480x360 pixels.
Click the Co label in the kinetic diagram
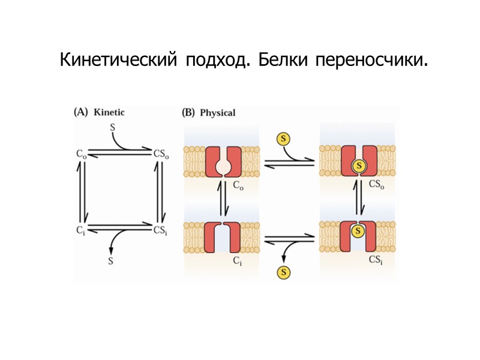82,154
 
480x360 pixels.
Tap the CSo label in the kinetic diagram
161,154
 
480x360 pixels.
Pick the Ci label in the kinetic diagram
81,230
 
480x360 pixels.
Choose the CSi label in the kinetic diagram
160,230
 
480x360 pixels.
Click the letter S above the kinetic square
113,127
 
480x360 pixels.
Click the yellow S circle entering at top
283,139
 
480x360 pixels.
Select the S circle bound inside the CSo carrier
359,165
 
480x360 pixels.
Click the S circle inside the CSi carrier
359,230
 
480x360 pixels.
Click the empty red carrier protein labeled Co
223,161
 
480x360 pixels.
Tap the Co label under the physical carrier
237,185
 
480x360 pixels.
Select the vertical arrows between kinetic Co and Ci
83,191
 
